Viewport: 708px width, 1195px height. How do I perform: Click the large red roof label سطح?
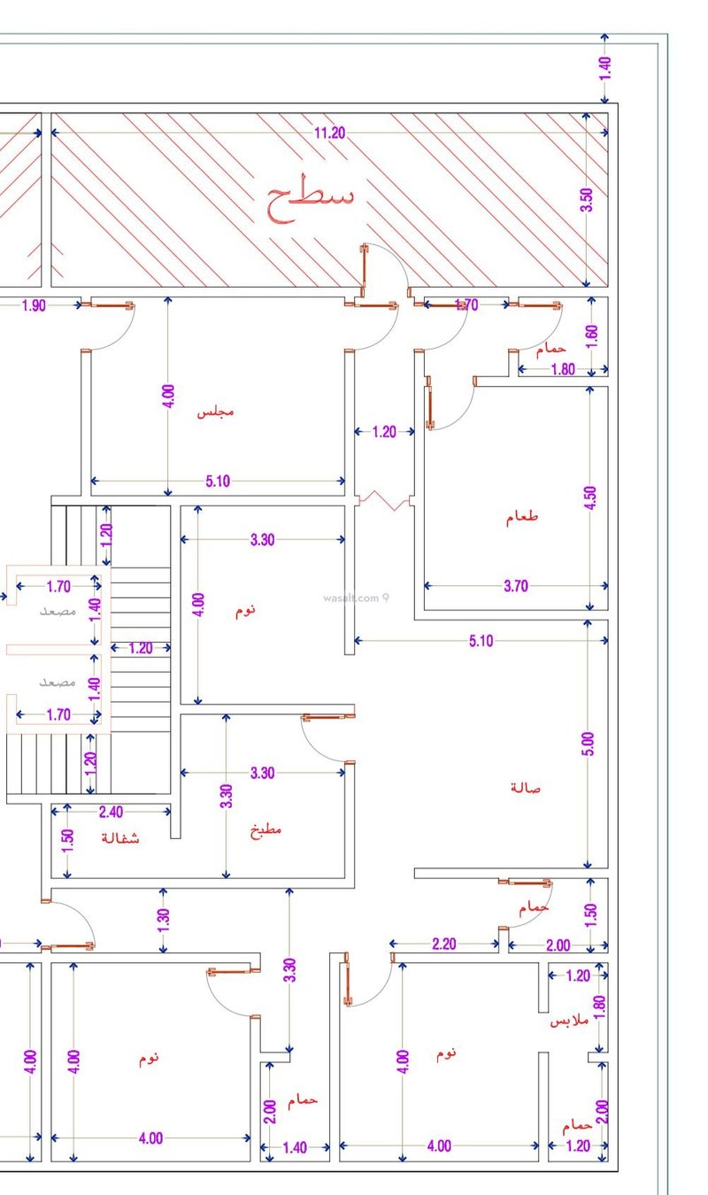pos(310,198)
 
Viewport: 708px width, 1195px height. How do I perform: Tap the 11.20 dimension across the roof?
pos(330,133)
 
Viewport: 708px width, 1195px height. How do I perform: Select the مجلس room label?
pos(216,412)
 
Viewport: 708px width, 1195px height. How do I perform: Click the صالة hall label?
pos(526,788)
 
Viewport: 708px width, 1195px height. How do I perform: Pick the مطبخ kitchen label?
pos(265,830)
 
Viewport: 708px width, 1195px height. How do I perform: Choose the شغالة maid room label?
pos(120,837)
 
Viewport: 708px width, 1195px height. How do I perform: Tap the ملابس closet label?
pos(569,1021)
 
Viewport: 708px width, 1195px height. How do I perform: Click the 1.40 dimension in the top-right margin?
pos(604,69)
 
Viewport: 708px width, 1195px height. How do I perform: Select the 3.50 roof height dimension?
pos(587,200)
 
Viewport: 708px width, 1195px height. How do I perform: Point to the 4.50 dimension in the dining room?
pos(589,497)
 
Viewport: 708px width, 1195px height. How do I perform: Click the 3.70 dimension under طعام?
pos(516,586)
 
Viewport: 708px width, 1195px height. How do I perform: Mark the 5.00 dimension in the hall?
pos(587,744)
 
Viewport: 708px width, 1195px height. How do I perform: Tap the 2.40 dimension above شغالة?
pos(111,812)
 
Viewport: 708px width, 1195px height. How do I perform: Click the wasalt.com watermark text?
pos(351,598)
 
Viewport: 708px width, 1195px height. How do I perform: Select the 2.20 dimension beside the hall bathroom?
pos(444,944)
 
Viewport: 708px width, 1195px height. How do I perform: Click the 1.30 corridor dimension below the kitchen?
pos(163,921)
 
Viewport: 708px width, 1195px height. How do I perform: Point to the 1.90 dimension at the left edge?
pos(34,305)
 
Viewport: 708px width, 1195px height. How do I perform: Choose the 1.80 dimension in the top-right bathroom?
pos(563,369)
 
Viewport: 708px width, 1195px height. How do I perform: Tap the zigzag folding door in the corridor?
pos(384,500)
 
